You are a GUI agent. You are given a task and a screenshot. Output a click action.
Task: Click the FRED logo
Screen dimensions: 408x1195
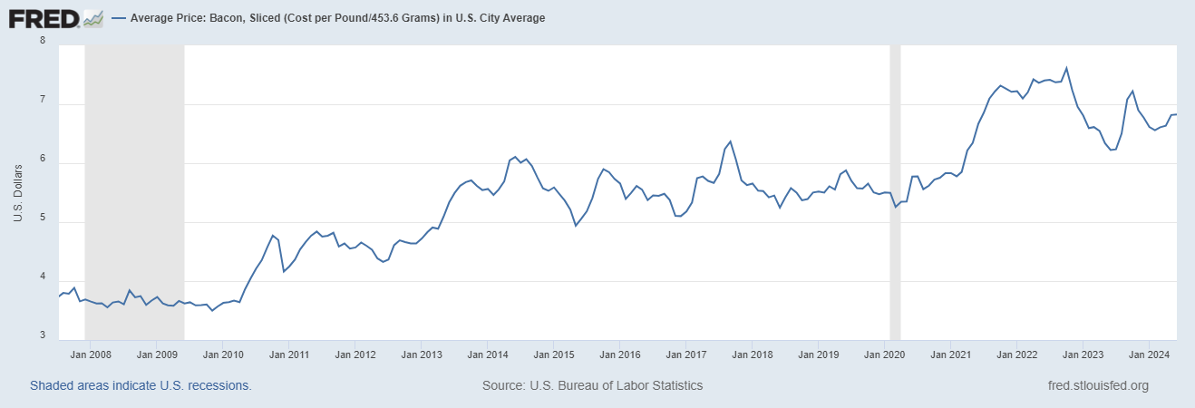tap(44, 17)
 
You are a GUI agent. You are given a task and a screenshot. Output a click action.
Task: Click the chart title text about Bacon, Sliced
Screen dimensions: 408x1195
tap(337, 18)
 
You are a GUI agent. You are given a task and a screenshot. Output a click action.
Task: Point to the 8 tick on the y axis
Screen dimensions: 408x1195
tap(44, 41)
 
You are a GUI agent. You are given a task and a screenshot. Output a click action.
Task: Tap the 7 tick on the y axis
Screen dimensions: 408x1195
tap(44, 105)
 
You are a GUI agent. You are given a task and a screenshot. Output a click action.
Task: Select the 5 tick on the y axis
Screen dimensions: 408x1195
tap(44, 223)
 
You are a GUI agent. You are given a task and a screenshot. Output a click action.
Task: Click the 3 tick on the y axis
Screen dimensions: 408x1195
tap(44, 335)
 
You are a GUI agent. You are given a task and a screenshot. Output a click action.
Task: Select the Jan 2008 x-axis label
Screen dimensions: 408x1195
tap(91, 355)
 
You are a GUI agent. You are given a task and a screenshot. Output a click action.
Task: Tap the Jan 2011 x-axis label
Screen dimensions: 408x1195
tap(287, 355)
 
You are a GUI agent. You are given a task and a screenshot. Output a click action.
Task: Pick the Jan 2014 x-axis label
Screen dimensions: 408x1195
tap(487, 355)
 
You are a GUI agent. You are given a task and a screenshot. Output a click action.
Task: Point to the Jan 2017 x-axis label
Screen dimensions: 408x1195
tap(685, 355)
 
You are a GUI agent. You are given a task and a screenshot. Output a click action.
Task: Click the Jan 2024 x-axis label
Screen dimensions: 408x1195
tap(1149, 355)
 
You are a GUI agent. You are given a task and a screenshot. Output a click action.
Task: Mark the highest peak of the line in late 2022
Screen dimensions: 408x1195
tap(1066, 68)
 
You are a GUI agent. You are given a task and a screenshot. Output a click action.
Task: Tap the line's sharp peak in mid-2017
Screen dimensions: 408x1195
tap(730, 141)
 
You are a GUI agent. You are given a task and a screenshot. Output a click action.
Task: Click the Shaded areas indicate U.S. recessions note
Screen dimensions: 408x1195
tap(141, 385)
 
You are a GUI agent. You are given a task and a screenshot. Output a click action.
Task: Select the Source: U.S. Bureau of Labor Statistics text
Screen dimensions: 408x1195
tap(593, 385)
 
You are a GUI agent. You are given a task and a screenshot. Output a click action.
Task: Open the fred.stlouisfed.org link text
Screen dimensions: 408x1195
tap(1097, 385)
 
